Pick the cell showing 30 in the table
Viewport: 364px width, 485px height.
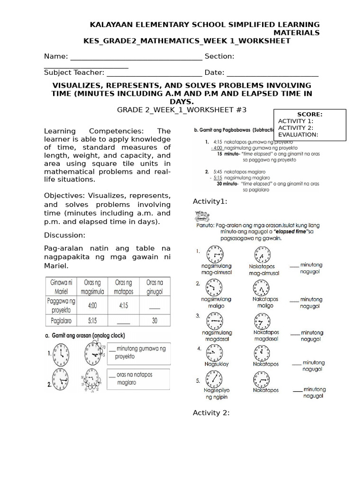click(155, 320)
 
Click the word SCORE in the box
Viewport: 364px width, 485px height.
click(309, 114)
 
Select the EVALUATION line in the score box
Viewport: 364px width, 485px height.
click(298, 134)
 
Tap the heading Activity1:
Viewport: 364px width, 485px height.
click(210, 202)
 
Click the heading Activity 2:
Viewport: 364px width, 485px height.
click(211, 413)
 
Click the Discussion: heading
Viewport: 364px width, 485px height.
click(64, 235)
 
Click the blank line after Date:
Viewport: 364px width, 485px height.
click(273, 72)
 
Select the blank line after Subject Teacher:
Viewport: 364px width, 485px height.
click(154, 72)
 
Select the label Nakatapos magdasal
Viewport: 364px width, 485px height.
click(266, 335)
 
